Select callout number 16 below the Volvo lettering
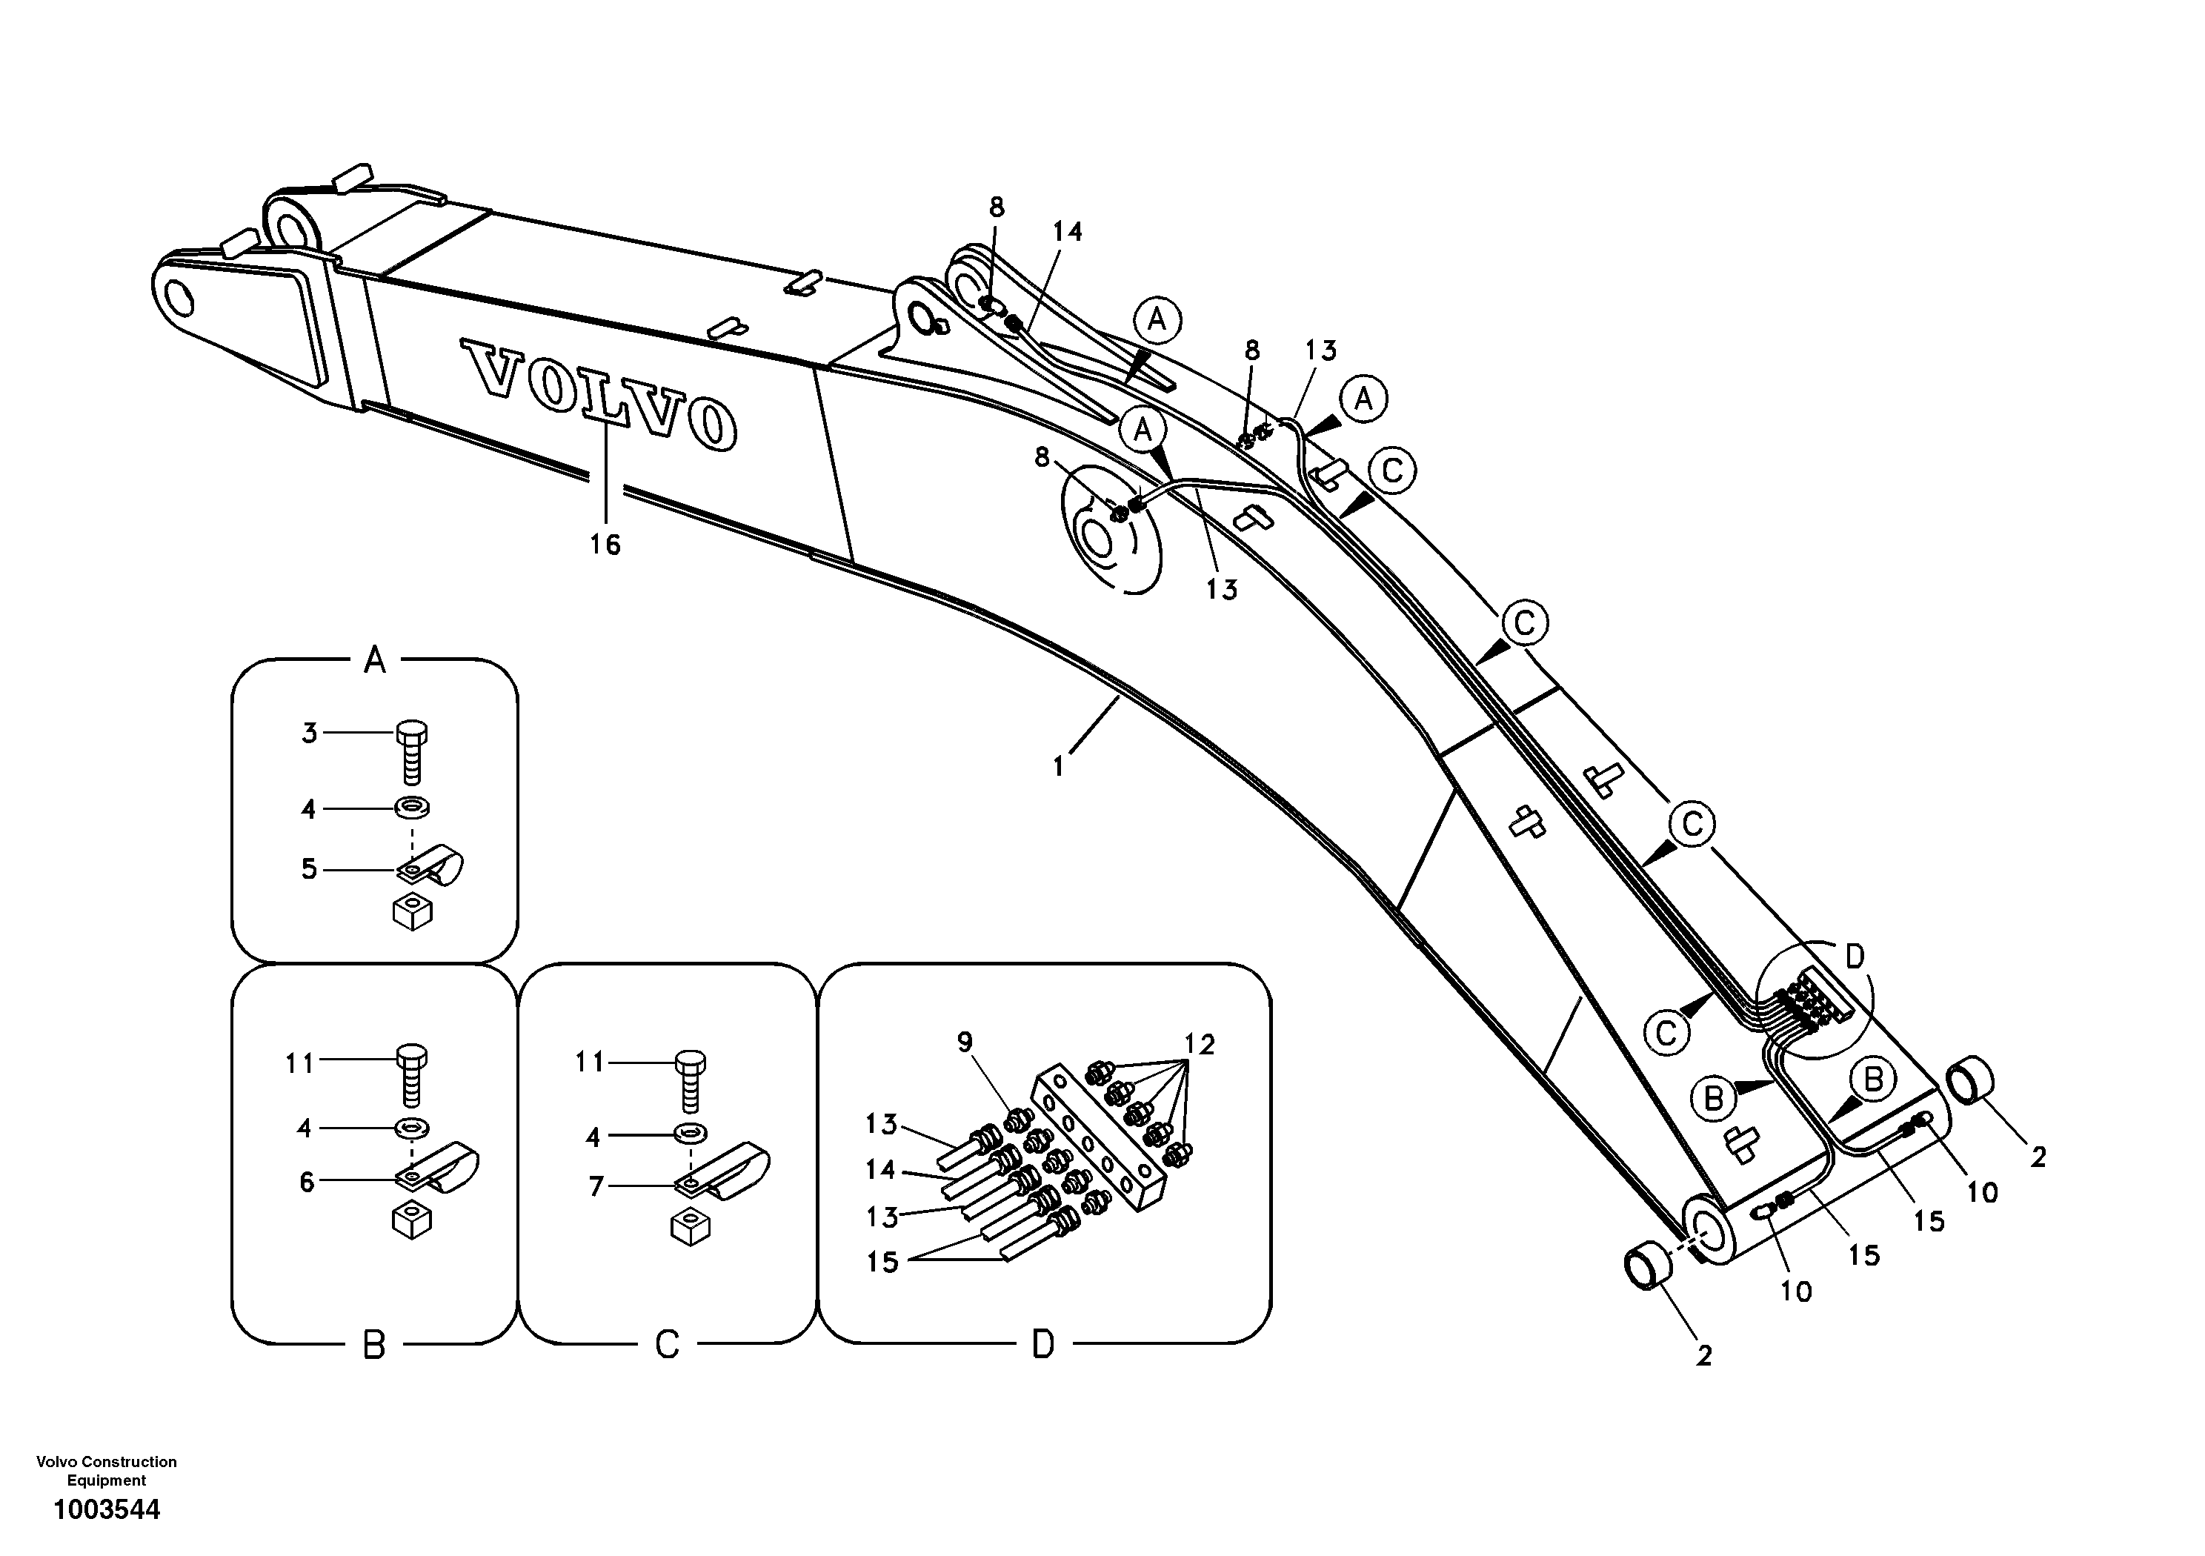pyautogui.click(x=605, y=545)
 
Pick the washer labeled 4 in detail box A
pyautogui.click(x=412, y=808)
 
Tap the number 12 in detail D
pyautogui.click(x=1200, y=1044)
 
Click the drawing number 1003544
pyautogui.click(x=107, y=1509)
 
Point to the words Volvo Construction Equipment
pyautogui.click(x=107, y=1471)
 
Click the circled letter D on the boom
pyautogui.click(x=1855, y=956)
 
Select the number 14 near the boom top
pyautogui.click(x=1067, y=231)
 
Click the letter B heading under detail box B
pyautogui.click(x=373, y=1346)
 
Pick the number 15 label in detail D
pyautogui.click(x=882, y=1261)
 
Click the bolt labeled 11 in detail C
pyautogui.click(x=691, y=1077)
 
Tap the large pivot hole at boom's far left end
pyautogui.click(x=179, y=299)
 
